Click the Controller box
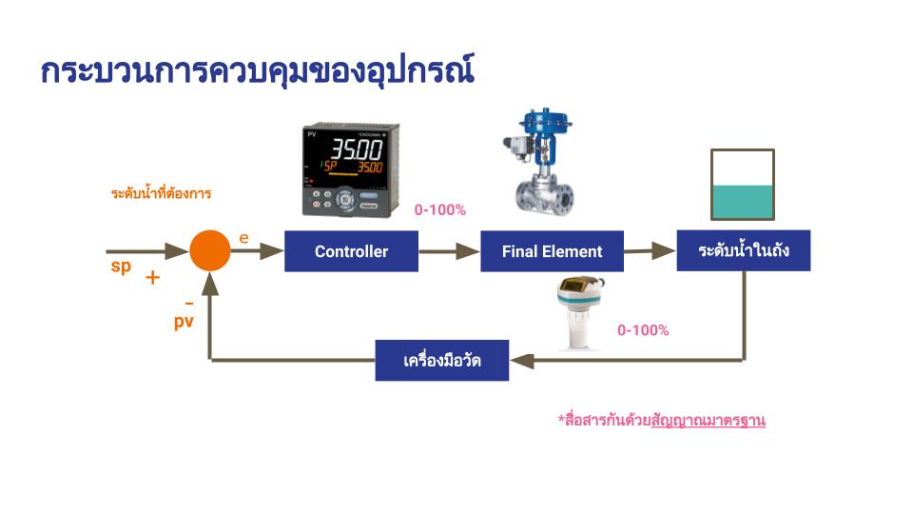(351, 251)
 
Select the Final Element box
(552, 251)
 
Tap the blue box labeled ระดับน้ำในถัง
(744, 250)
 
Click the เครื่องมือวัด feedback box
(442, 360)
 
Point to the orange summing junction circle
(209, 250)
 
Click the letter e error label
(244, 238)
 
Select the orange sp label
(121, 267)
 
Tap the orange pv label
(184, 322)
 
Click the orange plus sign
(152, 277)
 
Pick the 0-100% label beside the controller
(440, 209)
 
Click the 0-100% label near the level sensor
(643, 330)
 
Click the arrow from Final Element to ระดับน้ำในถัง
(650, 251)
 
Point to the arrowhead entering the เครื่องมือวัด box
(522, 361)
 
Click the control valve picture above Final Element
(539, 162)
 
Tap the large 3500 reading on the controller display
(357, 149)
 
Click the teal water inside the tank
(743, 202)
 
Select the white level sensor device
(579, 313)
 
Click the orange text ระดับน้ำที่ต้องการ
(161, 193)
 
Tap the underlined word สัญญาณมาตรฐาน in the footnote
(708, 420)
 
